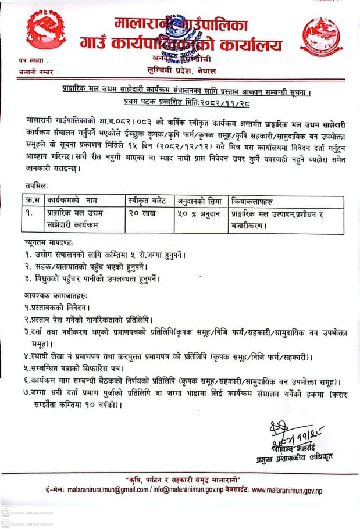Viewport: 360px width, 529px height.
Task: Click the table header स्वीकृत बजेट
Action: (147, 201)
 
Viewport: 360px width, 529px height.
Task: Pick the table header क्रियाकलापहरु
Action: (254, 201)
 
